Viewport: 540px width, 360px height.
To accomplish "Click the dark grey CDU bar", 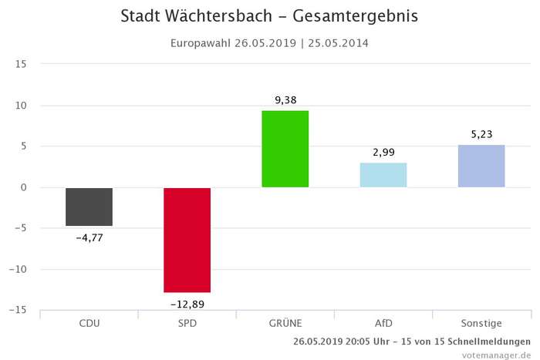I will tap(89, 207).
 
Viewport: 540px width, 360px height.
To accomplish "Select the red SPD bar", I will tap(187, 240).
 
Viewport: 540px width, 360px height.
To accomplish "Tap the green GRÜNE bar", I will tap(285, 149).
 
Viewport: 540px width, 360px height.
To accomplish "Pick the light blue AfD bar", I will tap(383, 175).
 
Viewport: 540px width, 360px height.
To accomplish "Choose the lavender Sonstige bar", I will tap(481, 166).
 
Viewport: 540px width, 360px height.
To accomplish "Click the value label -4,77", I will tap(89, 237).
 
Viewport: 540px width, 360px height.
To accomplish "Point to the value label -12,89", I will tap(187, 304).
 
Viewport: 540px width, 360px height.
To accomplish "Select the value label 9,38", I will tap(285, 99).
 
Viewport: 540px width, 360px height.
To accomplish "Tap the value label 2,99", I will tap(383, 152).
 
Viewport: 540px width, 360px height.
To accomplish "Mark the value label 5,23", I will tap(481, 133).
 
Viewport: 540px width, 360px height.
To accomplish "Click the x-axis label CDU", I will tap(89, 323).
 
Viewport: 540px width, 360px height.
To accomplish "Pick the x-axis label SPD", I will tap(187, 323).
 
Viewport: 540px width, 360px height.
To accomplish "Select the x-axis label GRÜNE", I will tap(285, 323).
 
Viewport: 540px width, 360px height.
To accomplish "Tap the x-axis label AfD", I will tap(383, 323).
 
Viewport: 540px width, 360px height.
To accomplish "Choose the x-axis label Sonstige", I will tap(481, 323).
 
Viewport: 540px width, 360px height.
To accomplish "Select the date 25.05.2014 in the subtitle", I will tap(336, 42).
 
